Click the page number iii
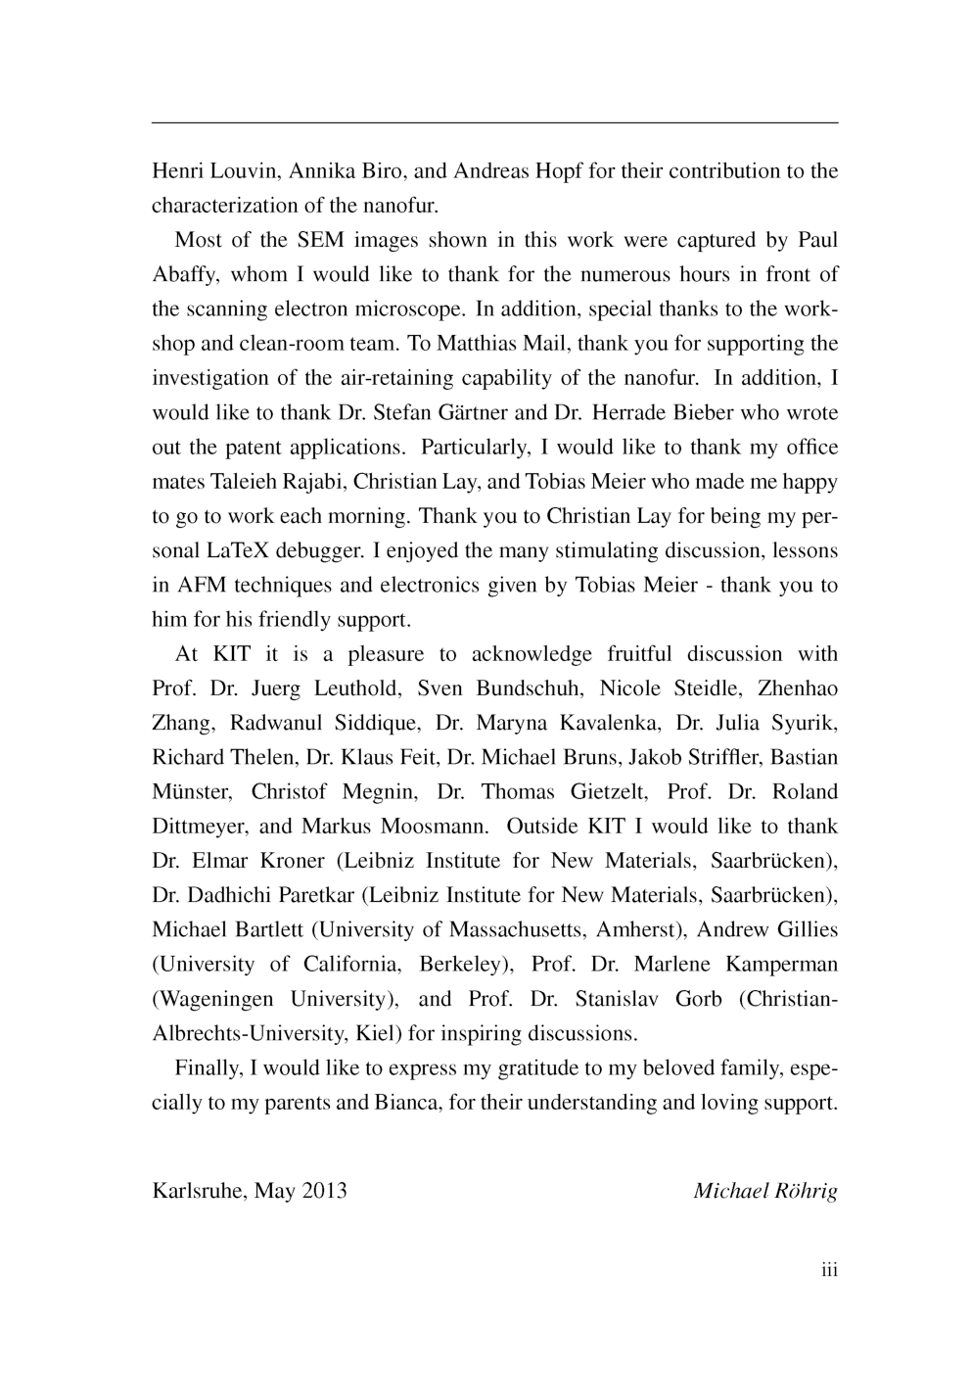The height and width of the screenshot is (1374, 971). pyautogui.click(x=829, y=1270)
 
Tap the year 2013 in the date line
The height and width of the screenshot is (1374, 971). pyautogui.click(x=324, y=1191)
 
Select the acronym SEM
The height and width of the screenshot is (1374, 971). pyautogui.click(x=320, y=240)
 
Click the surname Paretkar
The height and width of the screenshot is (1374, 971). pyautogui.click(x=322, y=896)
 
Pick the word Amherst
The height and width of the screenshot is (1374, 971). pyautogui.click(x=640, y=930)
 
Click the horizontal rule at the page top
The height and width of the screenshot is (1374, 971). pyautogui.click(x=494, y=122)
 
